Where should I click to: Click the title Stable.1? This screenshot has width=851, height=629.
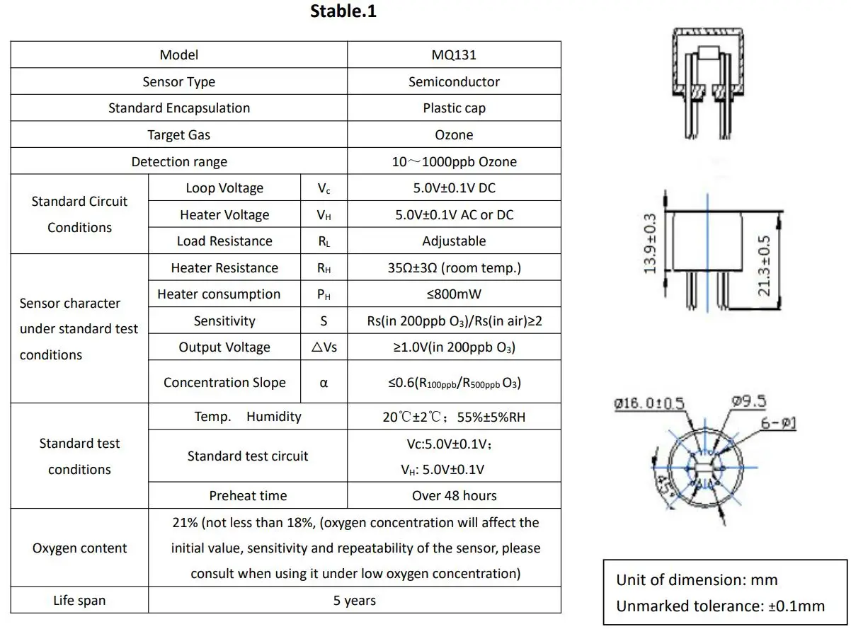pos(343,12)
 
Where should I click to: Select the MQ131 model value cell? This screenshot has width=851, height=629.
pos(454,55)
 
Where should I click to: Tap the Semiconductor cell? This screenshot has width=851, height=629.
pos(454,82)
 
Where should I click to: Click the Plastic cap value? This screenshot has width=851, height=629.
pos(454,108)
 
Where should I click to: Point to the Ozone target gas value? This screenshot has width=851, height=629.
pos(454,135)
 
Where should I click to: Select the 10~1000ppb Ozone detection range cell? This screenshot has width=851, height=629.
pos(454,162)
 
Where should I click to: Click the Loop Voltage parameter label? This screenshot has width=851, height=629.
pos(224,188)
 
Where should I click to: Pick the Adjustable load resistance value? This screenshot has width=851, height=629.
pos(454,241)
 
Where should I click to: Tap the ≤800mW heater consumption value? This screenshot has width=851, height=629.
pos(454,294)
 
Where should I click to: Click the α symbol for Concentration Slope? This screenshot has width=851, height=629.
pos(324,383)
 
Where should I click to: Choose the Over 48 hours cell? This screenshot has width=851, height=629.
pos(454,496)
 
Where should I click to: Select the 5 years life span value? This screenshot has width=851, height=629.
pos(355,601)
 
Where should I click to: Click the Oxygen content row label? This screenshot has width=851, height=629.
pos(79,548)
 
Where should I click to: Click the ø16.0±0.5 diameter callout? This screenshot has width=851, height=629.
pos(649,404)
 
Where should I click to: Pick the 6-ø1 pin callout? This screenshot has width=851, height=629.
pos(779,423)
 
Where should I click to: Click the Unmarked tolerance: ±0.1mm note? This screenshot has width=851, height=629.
pos(720,606)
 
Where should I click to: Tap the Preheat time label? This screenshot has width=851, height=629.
pos(248,496)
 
